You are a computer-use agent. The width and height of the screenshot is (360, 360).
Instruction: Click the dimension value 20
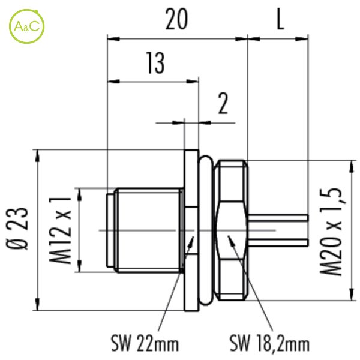click(176, 19)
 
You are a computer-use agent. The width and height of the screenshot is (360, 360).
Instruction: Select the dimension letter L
click(280, 19)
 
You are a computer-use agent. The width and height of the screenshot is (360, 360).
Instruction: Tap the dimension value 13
click(155, 63)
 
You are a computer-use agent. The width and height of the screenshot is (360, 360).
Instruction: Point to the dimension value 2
click(223, 104)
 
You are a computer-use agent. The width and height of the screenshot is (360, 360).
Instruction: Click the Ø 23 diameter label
click(17, 229)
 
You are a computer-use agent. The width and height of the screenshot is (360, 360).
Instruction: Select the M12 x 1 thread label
click(59, 230)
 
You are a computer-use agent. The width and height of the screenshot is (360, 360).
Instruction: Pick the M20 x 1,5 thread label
click(331, 232)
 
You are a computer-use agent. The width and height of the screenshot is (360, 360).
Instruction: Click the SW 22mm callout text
click(145, 343)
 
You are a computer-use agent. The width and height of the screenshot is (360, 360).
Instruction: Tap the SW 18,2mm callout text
click(269, 343)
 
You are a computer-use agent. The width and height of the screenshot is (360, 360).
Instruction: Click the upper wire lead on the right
click(278, 217)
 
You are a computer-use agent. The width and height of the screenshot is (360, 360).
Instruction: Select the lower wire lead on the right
click(278, 242)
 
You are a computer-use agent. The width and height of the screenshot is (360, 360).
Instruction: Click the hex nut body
click(231, 230)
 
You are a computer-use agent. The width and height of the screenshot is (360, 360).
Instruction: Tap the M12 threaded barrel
click(149, 230)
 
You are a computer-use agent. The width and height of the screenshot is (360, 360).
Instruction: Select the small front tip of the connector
click(110, 230)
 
